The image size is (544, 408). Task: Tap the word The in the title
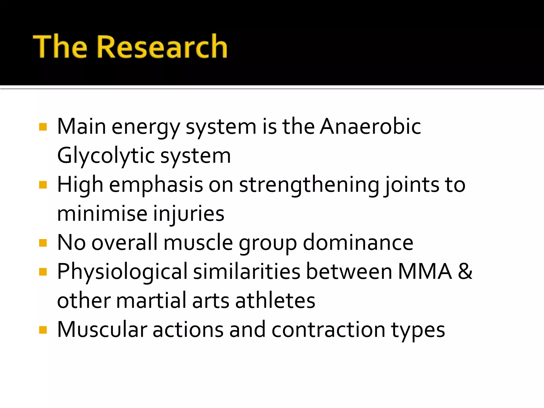point(60,47)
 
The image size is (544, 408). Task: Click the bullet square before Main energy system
point(43,127)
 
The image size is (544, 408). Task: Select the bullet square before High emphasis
point(43,185)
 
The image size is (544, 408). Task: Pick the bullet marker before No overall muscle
point(43,243)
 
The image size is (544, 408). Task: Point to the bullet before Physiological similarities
point(43,272)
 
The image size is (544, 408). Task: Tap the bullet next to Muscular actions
point(43,330)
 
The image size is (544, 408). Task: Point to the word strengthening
point(309,185)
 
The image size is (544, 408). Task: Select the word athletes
point(275,301)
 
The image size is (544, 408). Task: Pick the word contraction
point(328,330)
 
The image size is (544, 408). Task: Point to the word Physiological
point(122,272)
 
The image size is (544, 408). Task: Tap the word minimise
point(102,214)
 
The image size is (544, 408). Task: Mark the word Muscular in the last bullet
point(102,330)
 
